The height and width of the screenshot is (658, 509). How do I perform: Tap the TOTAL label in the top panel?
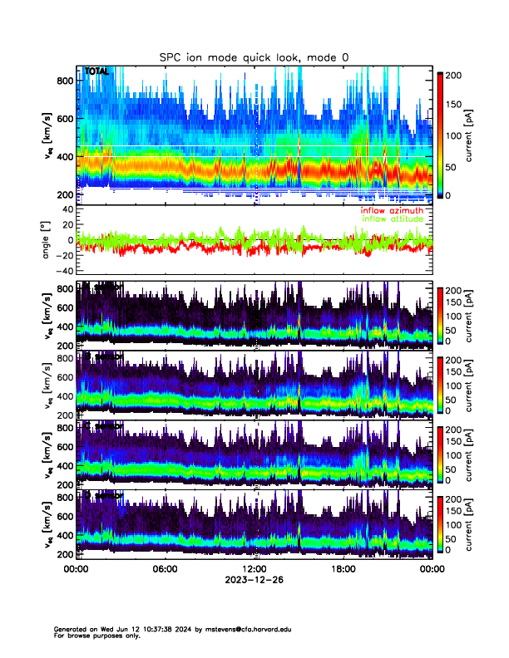click(x=96, y=72)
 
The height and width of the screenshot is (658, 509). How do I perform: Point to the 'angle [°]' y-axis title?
click(x=47, y=241)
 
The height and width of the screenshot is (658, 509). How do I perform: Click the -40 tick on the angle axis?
click(x=63, y=272)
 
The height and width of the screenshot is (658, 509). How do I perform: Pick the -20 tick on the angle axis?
click(x=63, y=256)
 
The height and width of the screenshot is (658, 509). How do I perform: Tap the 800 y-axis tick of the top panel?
click(x=64, y=81)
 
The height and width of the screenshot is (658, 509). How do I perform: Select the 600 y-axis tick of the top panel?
click(x=64, y=119)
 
